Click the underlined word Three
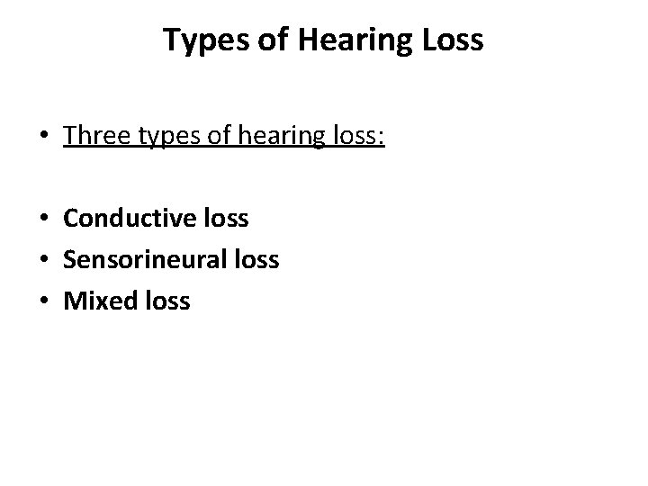(96, 136)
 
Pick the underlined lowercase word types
(166, 137)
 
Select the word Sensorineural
(147, 260)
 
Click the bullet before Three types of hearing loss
(44, 138)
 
